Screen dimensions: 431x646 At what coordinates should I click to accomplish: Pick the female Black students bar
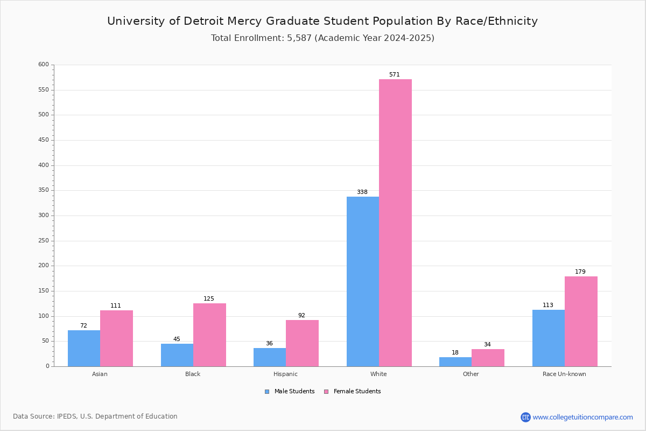209,335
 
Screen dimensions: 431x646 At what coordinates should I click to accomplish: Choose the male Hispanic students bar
270,357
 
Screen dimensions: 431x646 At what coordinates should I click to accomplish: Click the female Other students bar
488,358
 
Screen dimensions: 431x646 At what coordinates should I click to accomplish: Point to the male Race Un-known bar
548,338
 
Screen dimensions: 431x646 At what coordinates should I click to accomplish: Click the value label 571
395,75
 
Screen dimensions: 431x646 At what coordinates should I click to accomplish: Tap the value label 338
362,192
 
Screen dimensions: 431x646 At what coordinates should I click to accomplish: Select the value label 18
455,353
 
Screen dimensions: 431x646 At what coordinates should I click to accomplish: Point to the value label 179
580,272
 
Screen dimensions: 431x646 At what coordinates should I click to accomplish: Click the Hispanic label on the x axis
285,374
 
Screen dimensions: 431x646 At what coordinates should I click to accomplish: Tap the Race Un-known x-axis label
564,374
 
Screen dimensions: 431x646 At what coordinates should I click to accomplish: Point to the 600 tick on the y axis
44,65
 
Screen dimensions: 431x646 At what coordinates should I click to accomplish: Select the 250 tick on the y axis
44,241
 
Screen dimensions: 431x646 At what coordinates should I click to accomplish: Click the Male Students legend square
267,392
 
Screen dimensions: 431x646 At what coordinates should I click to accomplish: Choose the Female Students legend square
326,392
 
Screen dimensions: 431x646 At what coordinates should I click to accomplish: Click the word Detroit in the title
207,22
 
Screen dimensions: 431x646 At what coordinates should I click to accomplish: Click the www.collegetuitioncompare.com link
582,417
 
